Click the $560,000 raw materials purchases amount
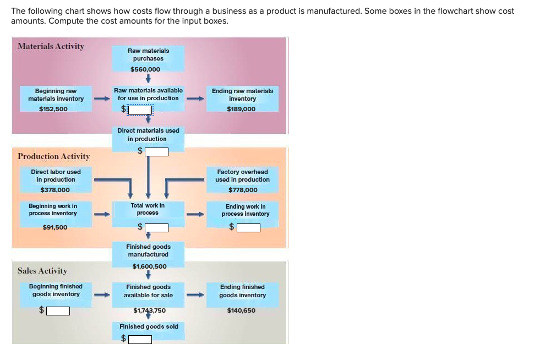145,69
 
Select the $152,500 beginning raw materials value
53,109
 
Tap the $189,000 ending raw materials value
241,109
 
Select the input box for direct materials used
156,151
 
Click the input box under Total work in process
156,227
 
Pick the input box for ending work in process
248,227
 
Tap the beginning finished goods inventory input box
58,311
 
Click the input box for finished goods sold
140,339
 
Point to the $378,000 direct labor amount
55,190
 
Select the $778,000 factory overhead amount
243,190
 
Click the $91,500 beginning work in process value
55,227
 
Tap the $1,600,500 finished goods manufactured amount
149,266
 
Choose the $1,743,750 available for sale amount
149,310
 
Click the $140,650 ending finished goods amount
241,310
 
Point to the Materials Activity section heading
51,46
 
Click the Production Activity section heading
53,156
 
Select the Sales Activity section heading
42,271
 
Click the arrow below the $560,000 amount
148,79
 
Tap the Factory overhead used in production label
242,176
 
